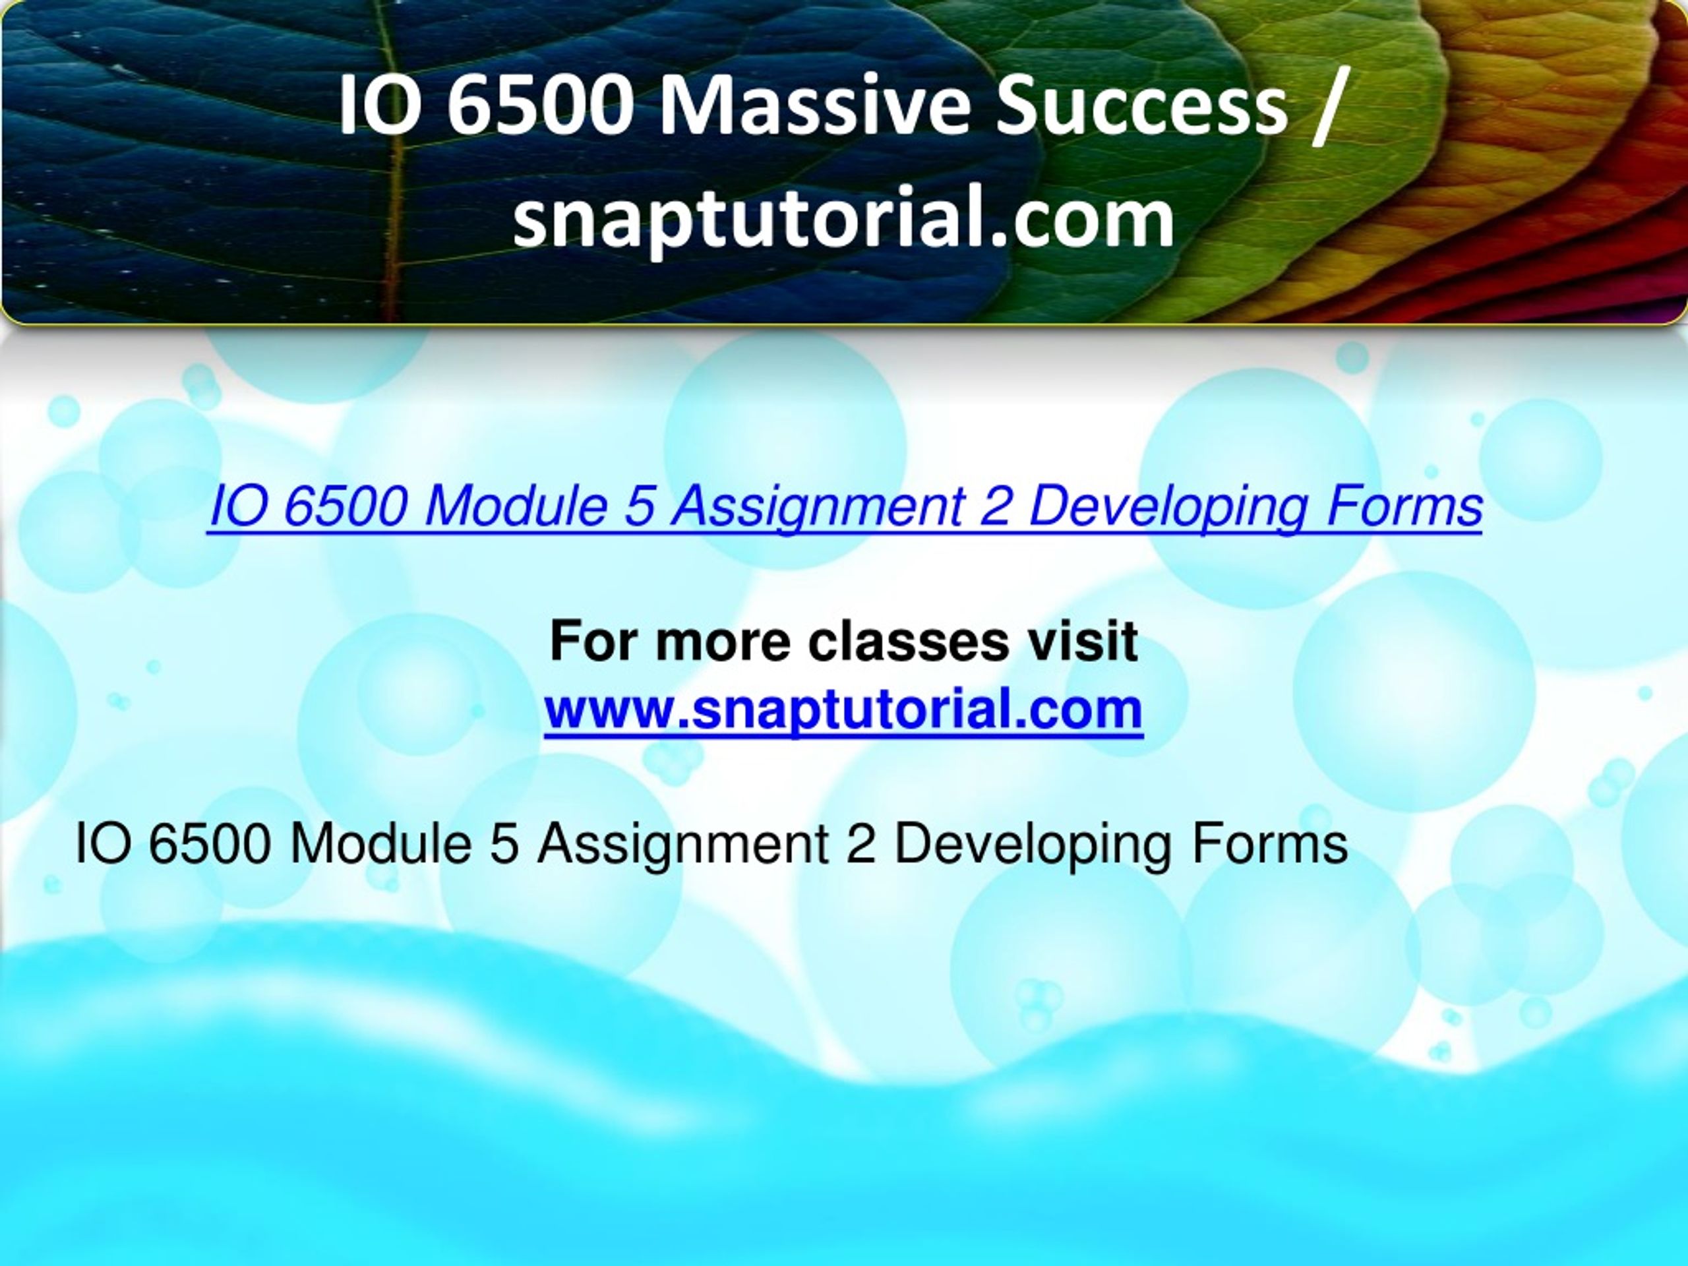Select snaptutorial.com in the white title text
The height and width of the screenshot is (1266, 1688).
coord(843,218)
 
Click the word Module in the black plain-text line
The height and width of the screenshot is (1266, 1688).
coord(379,844)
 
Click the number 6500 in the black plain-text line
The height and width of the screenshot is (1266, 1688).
coord(210,844)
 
